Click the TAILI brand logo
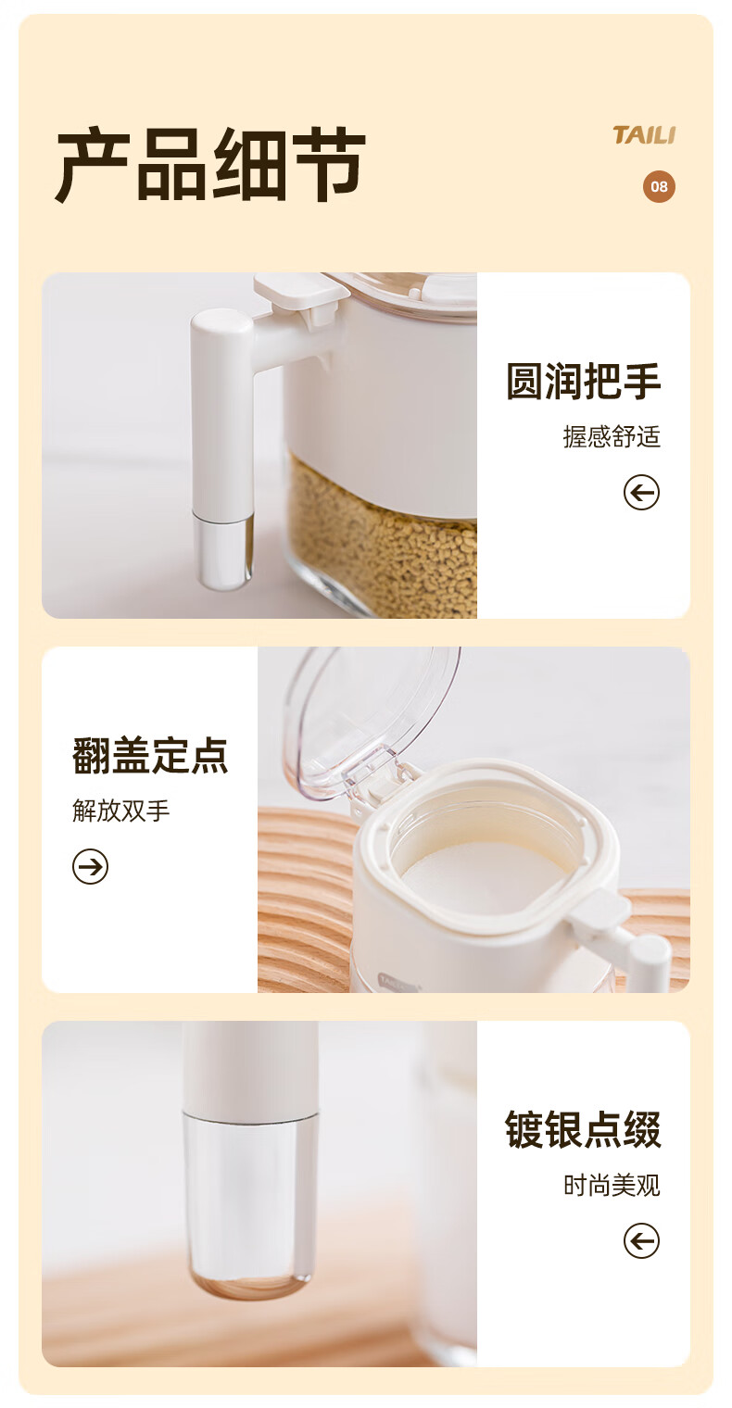coord(644,135)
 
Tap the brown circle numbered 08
coord(659,187)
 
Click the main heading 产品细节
coord(210,164)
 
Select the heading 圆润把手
coord(583,382)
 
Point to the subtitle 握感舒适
coord(612,437)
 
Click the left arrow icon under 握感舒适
coord(641,492)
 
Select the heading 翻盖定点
coord(150,755)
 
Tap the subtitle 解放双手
coord(120,811)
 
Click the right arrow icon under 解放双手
coord(91,866)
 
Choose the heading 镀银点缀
coord(583,1129)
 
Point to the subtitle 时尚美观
coord(612,1186)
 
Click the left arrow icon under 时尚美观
coord(641,1241)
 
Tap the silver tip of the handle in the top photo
coord(222,550)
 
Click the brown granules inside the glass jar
coord(381,534)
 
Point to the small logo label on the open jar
coord(398,981)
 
